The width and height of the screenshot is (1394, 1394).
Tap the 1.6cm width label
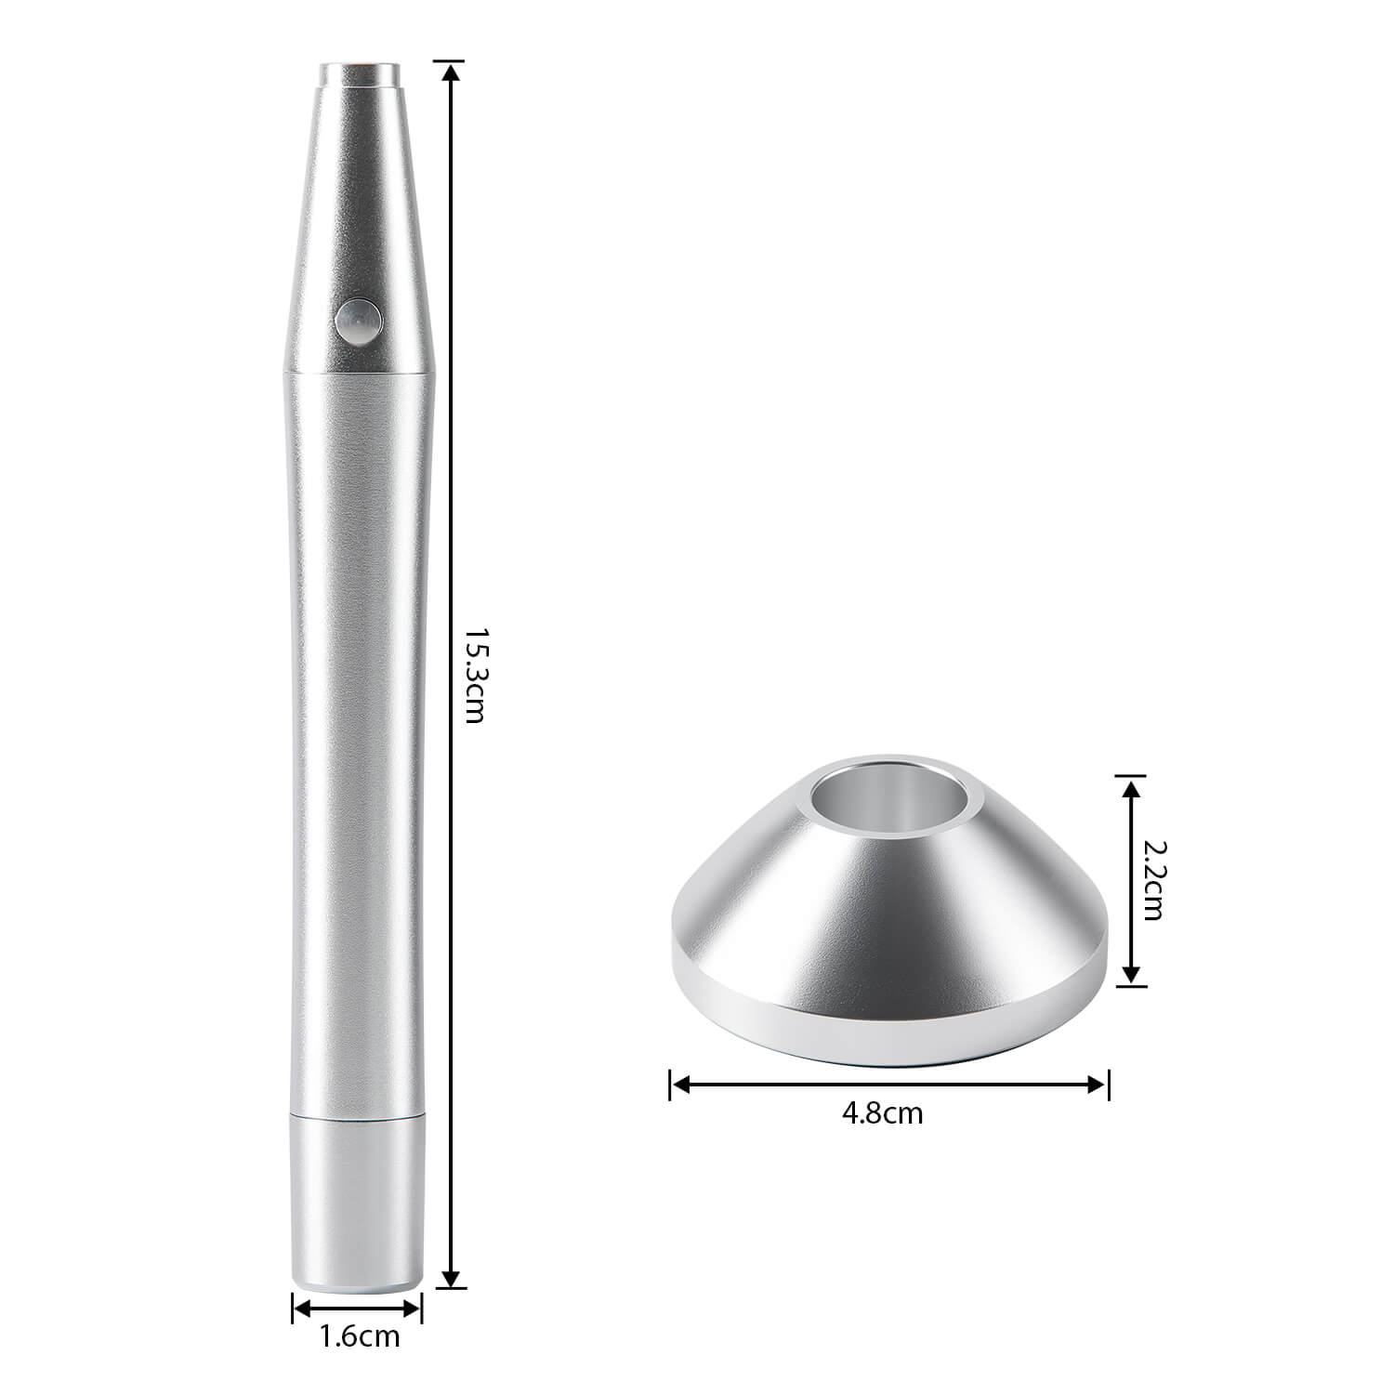360,1337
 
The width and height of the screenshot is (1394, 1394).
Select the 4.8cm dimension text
882,1113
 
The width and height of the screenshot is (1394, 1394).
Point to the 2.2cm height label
1152,880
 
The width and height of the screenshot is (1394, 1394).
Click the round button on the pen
358,322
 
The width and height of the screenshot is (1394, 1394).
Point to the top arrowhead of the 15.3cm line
451,71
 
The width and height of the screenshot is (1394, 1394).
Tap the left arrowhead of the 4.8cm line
678,1084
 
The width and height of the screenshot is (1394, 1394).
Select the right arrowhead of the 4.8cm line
1099,1084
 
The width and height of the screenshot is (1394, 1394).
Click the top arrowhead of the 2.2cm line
1130,787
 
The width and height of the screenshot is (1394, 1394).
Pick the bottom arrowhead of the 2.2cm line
1130,975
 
